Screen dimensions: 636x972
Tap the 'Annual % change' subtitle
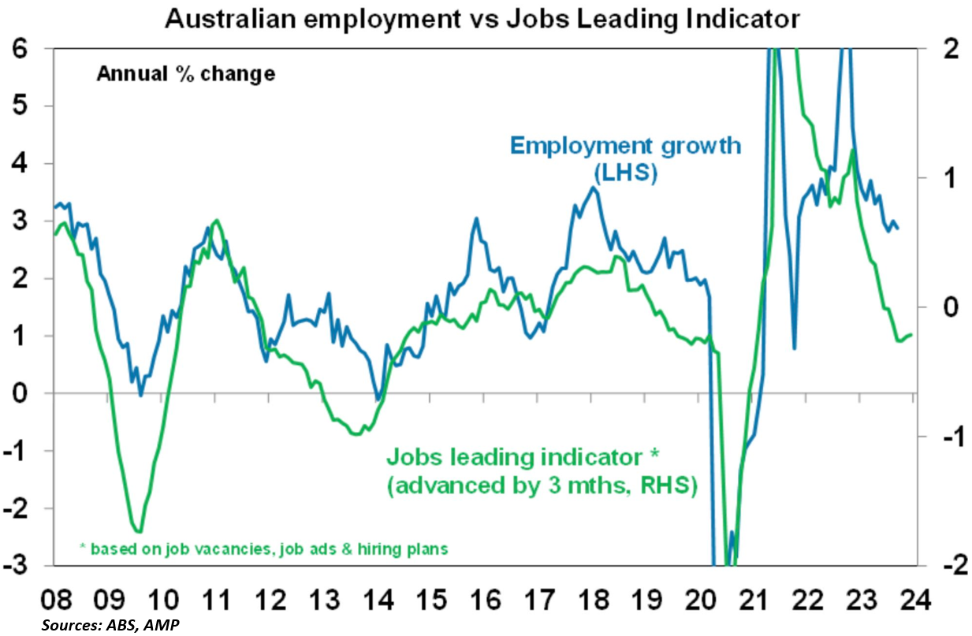[x=185, y=75]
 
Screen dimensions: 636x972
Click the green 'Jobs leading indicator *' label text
[x=520, y=457]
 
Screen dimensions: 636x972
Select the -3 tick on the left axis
[x=20, y=566]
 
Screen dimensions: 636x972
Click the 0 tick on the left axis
[x=25, y=393]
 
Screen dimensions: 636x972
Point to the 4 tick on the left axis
[x=25, y=164]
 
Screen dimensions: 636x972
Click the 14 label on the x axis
[x=378, y=599]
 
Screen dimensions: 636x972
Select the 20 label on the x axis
[x=699, y=599]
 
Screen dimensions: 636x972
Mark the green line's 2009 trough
[x=139, y=531]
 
